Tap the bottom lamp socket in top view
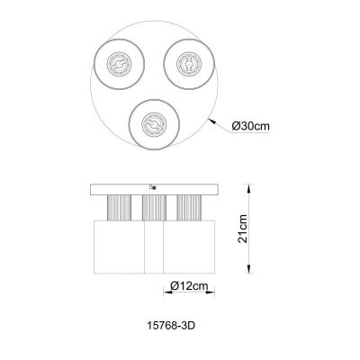(x=154, y=121)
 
